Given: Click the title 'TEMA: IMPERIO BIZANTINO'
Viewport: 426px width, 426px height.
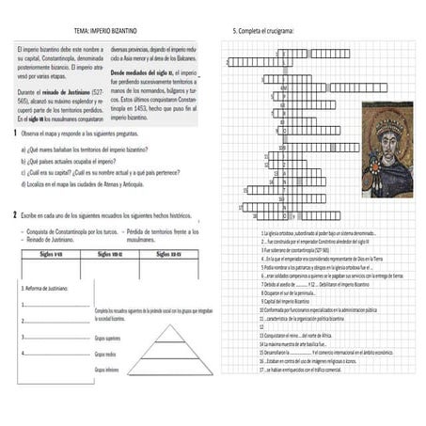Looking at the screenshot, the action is (107, 31).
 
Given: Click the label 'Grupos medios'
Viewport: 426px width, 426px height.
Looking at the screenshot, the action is (104, 354).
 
